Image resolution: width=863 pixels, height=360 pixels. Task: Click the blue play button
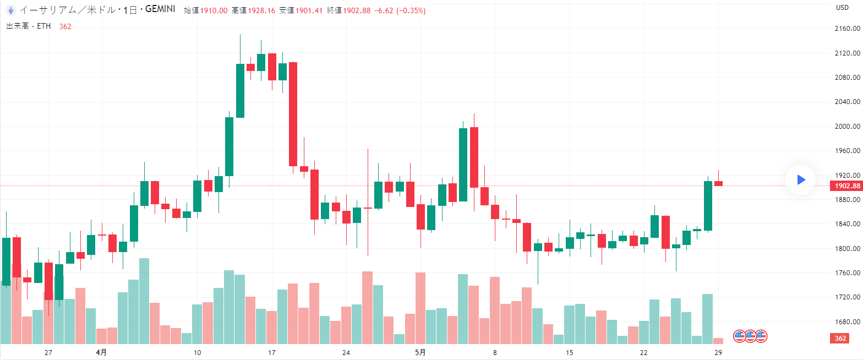pyautogui.click(x=800, y=179)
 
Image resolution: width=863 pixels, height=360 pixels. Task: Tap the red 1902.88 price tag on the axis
pyautogui.click(x=847, y=186)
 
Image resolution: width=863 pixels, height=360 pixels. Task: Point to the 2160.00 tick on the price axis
pyautogui.click(x=847, y=29)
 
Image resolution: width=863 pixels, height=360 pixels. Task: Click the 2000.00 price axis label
pyautogui.click(x=847, y=126)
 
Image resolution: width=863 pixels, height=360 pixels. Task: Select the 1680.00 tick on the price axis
pyautogui.click(x=847, y=321)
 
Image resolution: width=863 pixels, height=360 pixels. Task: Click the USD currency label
pyautogui.click(x=842, y=7)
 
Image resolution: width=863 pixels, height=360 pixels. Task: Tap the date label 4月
pyautogui.click(x=101, y=352)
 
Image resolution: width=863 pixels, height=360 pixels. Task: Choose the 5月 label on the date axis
pyautogui.click(x=419, y=352)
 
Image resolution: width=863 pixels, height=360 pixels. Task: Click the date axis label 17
pyautogui.click(x=271, y=352)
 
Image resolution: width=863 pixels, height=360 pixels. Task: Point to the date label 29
pyautogui.click(x=718, y=352)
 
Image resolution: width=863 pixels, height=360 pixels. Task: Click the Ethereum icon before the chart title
pyautogui.click(x=10, y=10)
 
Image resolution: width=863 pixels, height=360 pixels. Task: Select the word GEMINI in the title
pyautogui.click(x=161, y=10)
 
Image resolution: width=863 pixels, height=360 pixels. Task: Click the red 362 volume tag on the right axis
pyautogui.click(x=840, y=338)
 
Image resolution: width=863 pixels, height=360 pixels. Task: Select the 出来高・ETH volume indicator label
pyautogui.click(x=29, y=26)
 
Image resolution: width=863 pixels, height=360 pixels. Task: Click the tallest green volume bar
pyautogui.click(x=144, y=301)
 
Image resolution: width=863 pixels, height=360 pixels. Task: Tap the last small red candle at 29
pyautogui.click(x=718, y=183)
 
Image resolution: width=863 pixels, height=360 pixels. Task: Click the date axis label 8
pyautogui.click(x=495, y=352)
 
